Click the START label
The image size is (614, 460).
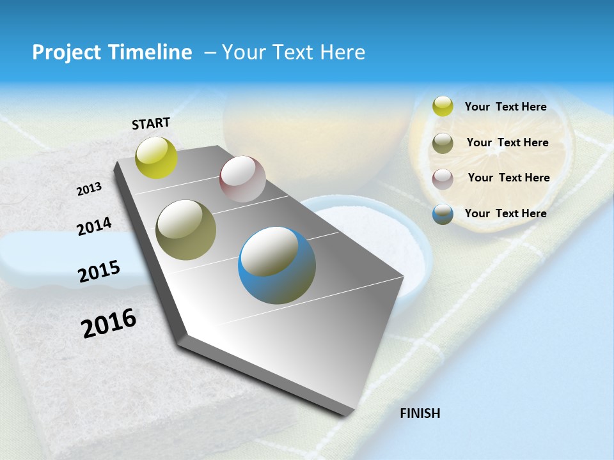(x=151, y=123)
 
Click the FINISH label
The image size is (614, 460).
(x=420, y=413)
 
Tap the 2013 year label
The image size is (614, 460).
(x=90, y=188)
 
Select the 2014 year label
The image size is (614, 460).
(x=94, y=226)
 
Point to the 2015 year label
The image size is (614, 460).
(x=99, y=272)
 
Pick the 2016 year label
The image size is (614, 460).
(x=109, y=323)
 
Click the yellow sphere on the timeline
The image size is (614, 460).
(x=157, y=157)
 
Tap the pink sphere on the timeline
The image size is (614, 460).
(x=242, y=179)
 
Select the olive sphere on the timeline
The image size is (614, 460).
(x=186, y=230)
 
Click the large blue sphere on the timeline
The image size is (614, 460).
(x=277, y=265)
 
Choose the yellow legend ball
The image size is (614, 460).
(x=443, y=106)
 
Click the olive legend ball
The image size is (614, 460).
(x=443, y=142)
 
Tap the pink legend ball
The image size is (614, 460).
(x=443, y=178)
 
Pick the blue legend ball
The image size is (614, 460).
(x=443, y=214)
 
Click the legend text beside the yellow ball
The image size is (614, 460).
(x=505, y=107)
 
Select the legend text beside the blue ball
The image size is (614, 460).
(x=505, y=213)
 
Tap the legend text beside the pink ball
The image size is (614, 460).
(x=508, y=178)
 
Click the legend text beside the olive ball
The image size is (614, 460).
(x=507, y=142)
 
